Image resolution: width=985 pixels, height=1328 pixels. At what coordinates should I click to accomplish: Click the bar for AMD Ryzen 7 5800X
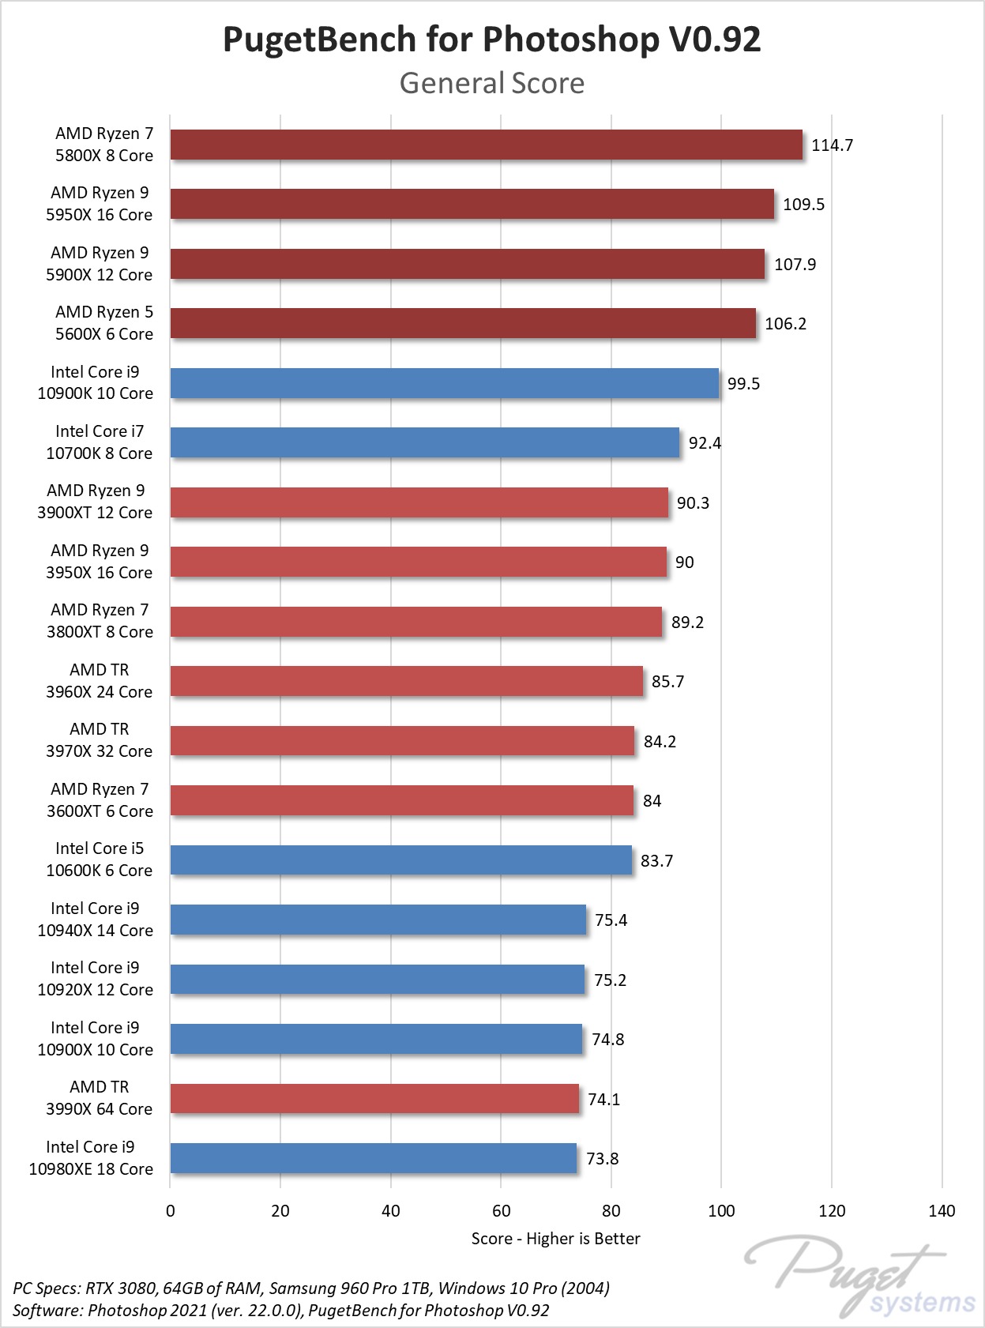(x=486, y=145)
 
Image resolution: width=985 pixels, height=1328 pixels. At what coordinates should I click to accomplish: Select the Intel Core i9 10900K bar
(x=445, y=383)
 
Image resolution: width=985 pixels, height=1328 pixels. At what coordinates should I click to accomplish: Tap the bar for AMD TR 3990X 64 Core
(x=374, y=1099)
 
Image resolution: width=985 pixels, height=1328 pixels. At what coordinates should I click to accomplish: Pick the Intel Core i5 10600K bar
(x=401, y=860)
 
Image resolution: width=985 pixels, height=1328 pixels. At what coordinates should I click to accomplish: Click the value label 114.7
(x=832, y=145)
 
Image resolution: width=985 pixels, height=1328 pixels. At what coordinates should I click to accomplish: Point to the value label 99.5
(x=743, y=384)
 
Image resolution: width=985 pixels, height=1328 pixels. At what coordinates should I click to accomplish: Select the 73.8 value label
(x=602, y=1159)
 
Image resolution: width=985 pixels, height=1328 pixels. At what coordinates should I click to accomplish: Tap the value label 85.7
(x=667, y=682)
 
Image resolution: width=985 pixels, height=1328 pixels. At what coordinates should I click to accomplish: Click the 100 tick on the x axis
(x=721, y=1211)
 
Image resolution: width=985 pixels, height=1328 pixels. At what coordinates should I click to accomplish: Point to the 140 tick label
(x=942, y=1211)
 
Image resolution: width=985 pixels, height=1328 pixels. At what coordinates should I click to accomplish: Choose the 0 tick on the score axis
(x=171, y=1211)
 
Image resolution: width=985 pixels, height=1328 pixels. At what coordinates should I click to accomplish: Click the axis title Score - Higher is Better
(x=555, y=1239)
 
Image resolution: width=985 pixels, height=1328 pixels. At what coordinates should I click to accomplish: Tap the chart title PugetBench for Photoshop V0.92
(x=491, y=40)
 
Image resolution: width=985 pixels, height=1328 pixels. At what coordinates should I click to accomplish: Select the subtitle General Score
(x=491, y=83)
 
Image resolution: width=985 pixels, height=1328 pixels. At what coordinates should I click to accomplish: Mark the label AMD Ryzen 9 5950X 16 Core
(x=100, y=204)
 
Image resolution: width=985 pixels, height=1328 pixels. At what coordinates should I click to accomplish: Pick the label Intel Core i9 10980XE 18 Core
(x=91, y=1158)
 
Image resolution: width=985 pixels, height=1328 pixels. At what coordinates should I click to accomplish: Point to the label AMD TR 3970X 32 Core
(x=100, y=740)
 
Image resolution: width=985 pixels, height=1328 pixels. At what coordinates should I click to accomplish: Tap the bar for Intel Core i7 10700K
(x=425, y=442)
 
